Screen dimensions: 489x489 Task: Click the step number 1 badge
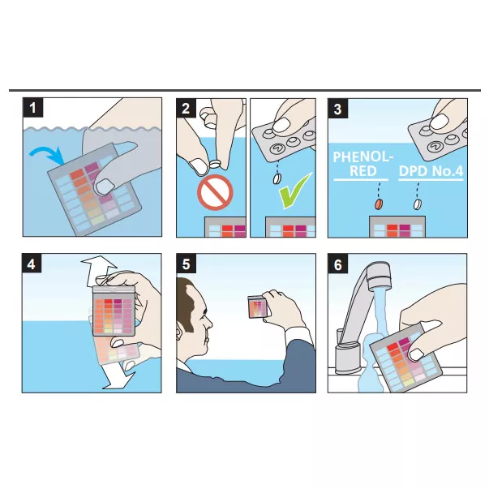[32, 108]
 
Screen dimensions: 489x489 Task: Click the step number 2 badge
[186, 108]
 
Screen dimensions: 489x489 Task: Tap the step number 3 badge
[337, 109]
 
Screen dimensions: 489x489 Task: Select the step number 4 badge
[32, 264]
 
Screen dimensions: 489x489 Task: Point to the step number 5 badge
[186, 264]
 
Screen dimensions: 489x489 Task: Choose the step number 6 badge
[337, 264]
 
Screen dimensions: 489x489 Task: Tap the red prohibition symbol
[215, 193]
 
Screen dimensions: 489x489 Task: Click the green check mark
[294, 191]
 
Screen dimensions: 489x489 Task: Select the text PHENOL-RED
[361, 164]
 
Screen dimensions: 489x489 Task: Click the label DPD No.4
[431, 171]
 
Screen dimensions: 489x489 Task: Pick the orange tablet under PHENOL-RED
[379, 204]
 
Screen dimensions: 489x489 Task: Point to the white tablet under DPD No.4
[418, 204]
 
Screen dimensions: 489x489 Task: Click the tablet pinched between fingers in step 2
[215, 164]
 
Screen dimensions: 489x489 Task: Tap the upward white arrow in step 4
[100, 271]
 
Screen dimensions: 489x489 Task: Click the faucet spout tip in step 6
[380, 281]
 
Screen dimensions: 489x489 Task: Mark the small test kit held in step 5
[258, 307]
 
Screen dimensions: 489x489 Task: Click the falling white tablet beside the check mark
[277, 178]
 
